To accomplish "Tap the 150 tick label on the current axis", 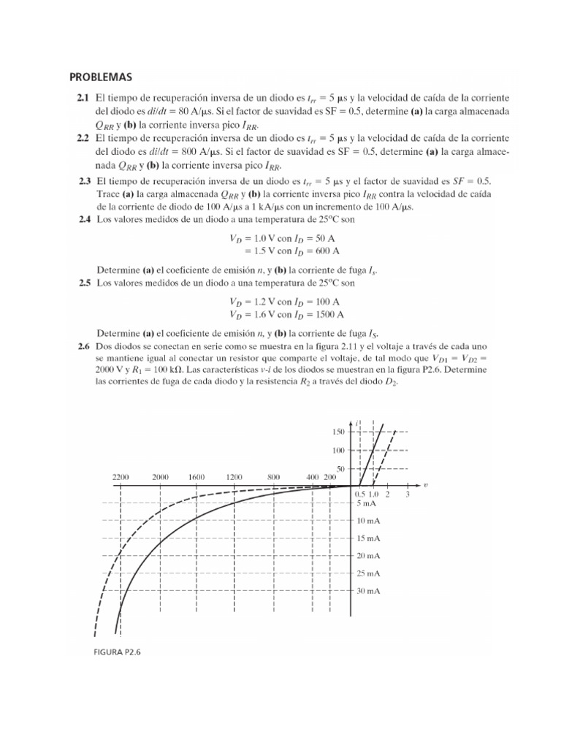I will [339, 432].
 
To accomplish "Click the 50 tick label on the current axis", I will [341, 468].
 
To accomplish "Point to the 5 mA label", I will [368, 503].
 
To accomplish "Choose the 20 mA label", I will [370, 556].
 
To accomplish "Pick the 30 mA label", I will [370, 590].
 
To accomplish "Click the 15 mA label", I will [370, 538].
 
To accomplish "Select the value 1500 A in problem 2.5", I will [328, 315].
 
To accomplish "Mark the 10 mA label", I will [370, 521].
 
